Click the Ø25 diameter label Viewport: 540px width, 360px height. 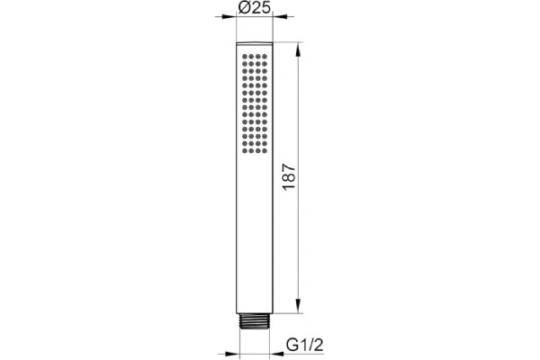pyautogui.click(x=255, y=7)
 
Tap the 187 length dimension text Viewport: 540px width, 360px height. pyautogui.click(x=289, y=177)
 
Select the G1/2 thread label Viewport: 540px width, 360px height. pyautogui.click(x=305, y=345)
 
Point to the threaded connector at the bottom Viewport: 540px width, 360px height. pyautogui.click(x=255, y=321)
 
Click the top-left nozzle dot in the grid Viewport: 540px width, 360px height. pyautogui.click(x=245, y=57)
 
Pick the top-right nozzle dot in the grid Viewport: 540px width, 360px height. pyautogui.click(x=264, y=57)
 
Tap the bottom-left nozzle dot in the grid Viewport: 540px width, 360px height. pyautogui.click(x=245, y=150)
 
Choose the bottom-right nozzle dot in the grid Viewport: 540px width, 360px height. pyautogui.click(x=264, y=150)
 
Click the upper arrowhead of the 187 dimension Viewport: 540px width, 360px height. pyautogui.click(x=298, y=50)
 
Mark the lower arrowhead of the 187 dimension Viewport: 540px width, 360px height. pyautogui.click(x=298, y=306)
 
